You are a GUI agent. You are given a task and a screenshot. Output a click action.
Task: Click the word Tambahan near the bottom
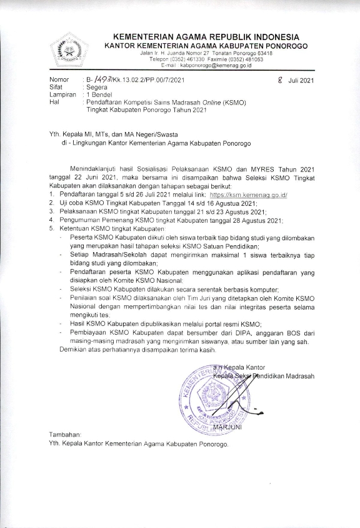tap(65, 434)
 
